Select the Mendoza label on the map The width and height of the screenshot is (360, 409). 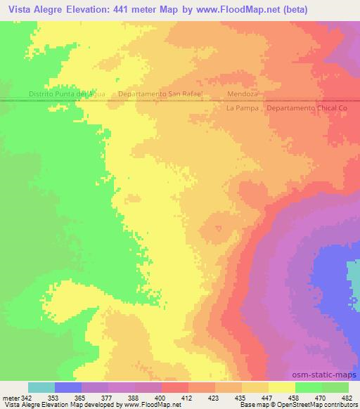point(244,93)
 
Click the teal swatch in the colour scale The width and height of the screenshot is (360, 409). point(41,387)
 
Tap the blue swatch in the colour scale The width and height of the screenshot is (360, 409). point(68,387)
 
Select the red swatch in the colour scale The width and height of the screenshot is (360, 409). point(175,387)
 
